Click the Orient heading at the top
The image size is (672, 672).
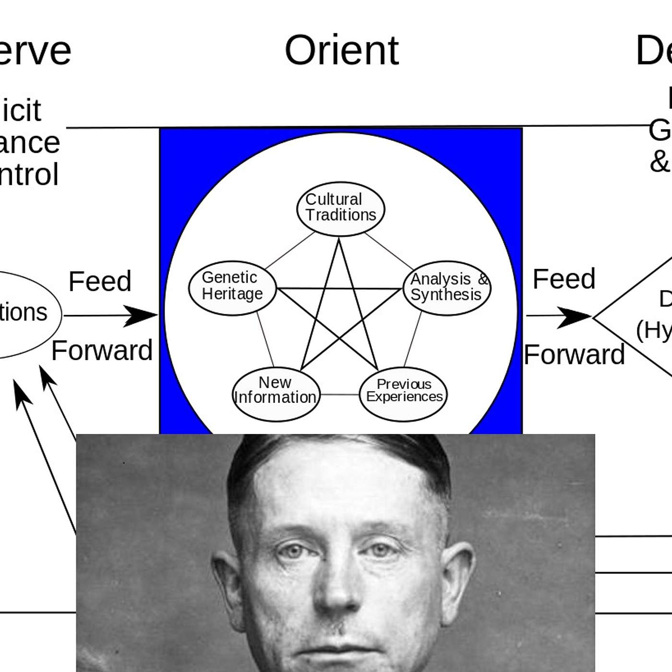tap(341, 50)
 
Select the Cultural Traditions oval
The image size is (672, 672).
tap(341, 209)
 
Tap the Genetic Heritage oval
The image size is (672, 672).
tap(232, 288)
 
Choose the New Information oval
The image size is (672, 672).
tap(276, 394)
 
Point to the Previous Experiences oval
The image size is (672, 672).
tap(403, 394)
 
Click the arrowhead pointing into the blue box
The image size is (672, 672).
tap(142, 315)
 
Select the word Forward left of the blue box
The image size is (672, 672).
tap(102, 350)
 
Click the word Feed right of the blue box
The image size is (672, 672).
tap(564, 279)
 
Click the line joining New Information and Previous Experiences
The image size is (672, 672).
tap(340, 395)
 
